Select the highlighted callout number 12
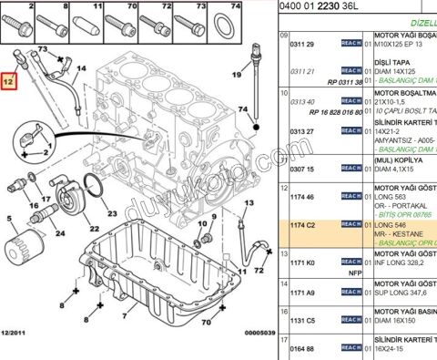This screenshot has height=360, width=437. coord(8,82)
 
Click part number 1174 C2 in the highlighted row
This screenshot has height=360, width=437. coord(300,224)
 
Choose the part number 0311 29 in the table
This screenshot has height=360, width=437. coord(301,44)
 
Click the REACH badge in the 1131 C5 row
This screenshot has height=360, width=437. coord(351,321)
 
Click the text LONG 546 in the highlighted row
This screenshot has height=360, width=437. coord(392,224)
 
